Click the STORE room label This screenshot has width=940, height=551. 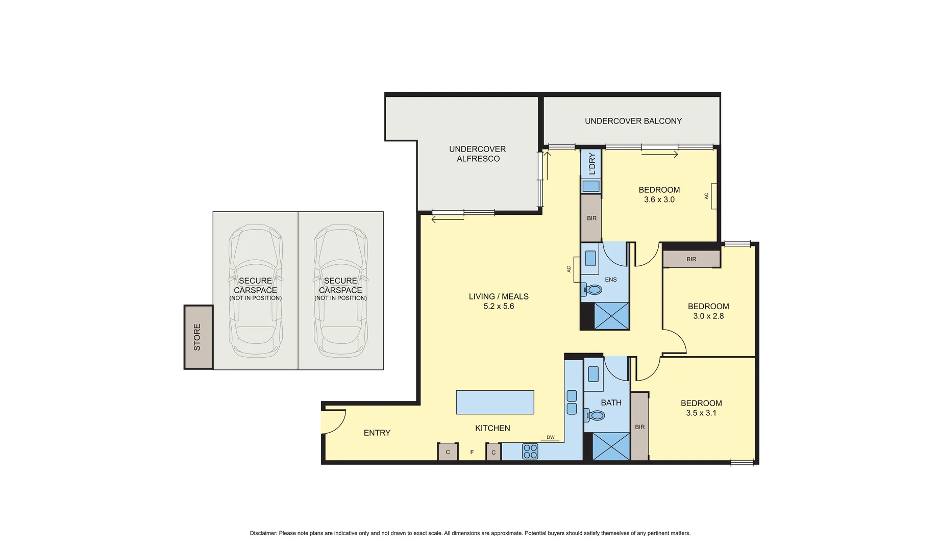197,337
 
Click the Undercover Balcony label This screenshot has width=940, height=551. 633,121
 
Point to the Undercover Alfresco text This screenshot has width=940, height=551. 478,154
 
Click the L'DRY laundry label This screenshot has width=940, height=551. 592,163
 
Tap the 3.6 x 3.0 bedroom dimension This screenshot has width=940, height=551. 659,199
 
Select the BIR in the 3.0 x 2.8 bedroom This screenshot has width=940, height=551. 691,259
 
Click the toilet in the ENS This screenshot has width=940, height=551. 592,290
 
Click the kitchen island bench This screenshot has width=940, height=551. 494,402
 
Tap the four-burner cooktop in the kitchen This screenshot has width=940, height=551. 530,452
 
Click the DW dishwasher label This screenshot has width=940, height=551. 550,437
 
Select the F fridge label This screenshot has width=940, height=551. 472,452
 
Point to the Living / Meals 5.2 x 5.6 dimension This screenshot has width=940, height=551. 499,306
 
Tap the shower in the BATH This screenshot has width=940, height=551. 611,446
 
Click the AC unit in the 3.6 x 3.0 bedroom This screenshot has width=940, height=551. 713,196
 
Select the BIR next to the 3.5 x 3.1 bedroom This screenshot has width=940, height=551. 639,427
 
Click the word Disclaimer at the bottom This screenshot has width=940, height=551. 263,533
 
